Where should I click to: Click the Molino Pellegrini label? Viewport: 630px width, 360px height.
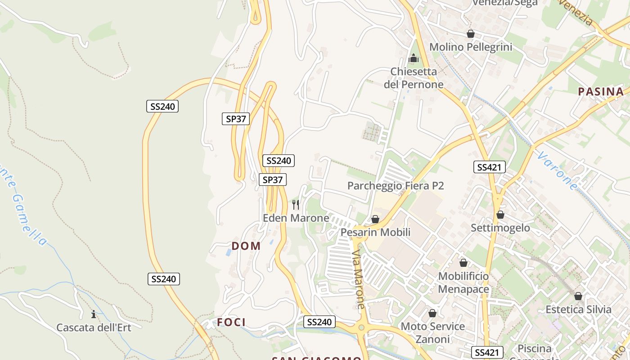coord(471,47)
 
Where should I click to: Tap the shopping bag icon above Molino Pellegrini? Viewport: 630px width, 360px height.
coord(471,34)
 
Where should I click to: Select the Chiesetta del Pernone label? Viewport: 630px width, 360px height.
coord(414,78)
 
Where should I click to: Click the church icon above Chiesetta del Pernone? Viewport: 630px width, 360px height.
coord(414,58)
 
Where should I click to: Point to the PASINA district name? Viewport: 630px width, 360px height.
coord(601,92)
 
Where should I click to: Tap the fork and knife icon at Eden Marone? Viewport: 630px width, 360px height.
coord(296,205)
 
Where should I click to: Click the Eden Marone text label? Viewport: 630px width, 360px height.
coord(296,218)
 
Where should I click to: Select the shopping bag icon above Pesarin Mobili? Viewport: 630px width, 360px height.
coord(375,219)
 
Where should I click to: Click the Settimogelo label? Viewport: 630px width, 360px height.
coord(500,228)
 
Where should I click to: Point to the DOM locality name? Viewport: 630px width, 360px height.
coord(246,246)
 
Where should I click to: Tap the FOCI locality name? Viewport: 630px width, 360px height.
coord(231,322)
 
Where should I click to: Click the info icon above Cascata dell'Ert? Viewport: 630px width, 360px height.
coord(94,314)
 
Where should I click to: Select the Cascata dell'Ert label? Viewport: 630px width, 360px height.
coord(94,328)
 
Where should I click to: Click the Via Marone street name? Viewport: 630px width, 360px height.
coord(359,279)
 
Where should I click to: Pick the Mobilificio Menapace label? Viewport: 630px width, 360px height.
coord(463,283)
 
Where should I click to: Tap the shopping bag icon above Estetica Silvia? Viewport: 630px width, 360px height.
coord(578,296)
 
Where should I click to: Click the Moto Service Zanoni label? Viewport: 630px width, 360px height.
coord(432,333)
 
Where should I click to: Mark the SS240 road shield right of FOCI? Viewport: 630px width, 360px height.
coord(319,322)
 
